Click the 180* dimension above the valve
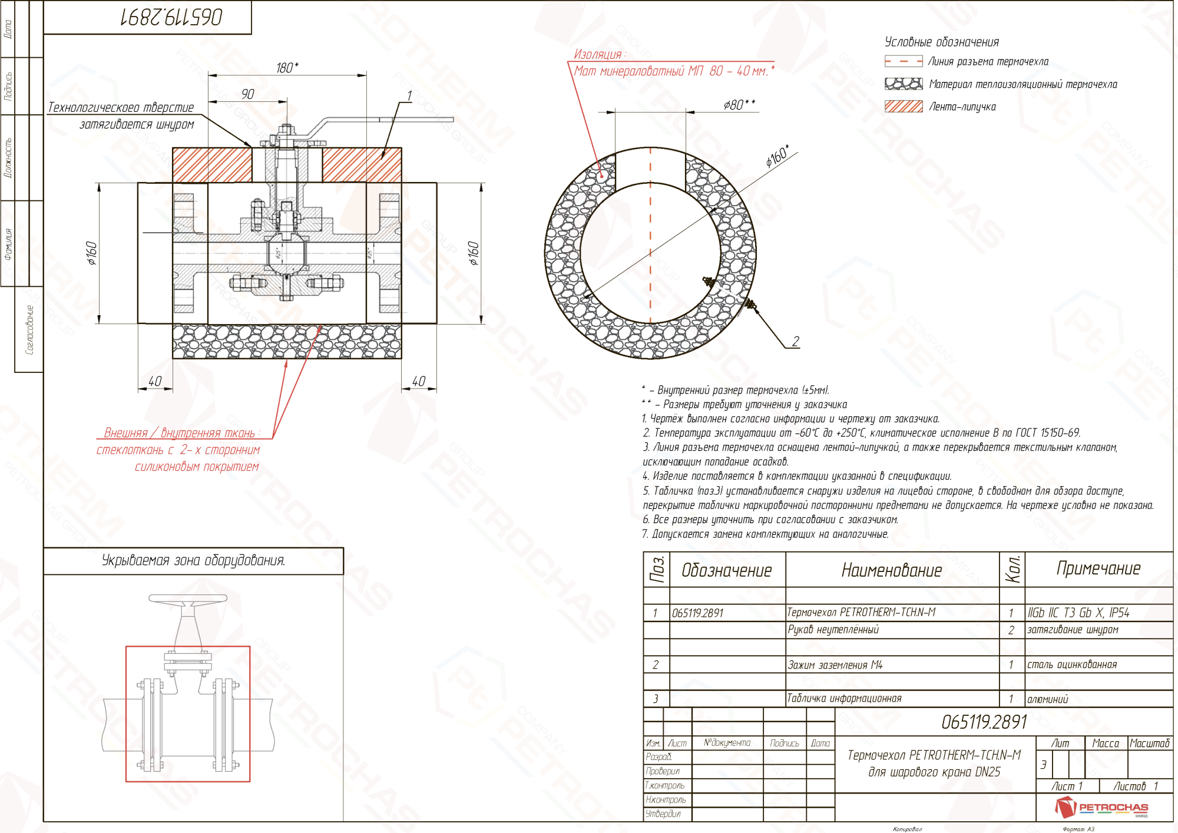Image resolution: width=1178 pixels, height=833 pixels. coord(287,68)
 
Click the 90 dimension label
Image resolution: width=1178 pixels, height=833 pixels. coord(247,94)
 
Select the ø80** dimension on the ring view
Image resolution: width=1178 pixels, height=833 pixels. coord(739,105)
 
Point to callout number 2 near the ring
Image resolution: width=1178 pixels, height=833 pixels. coord(795,341)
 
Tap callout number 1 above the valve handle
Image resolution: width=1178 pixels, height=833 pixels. coord(409,95)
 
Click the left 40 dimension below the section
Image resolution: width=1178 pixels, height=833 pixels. coord(155,381)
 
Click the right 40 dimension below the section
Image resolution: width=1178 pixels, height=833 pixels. coord(418,381)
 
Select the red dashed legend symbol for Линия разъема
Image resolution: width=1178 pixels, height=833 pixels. coord(903,61)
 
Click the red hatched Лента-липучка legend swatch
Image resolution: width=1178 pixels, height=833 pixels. coord(903,107)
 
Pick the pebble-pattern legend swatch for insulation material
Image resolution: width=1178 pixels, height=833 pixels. coord(903,84)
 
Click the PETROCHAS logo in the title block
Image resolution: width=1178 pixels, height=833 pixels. coord(1101,807)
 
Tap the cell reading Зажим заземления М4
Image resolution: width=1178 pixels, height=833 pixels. coord(835,665)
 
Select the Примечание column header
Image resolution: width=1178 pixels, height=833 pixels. coord(1098,568)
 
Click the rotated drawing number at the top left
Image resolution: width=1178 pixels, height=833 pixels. coord(171,17)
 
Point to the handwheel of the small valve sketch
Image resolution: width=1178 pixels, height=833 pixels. coord(187,599)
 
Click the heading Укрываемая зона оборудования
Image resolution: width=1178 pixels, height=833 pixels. coord(193,560)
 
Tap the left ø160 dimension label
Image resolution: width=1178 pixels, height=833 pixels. coord(91,253)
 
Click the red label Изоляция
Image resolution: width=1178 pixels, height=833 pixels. coord(598,54)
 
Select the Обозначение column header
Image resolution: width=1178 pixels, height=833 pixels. coord(726,570)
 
